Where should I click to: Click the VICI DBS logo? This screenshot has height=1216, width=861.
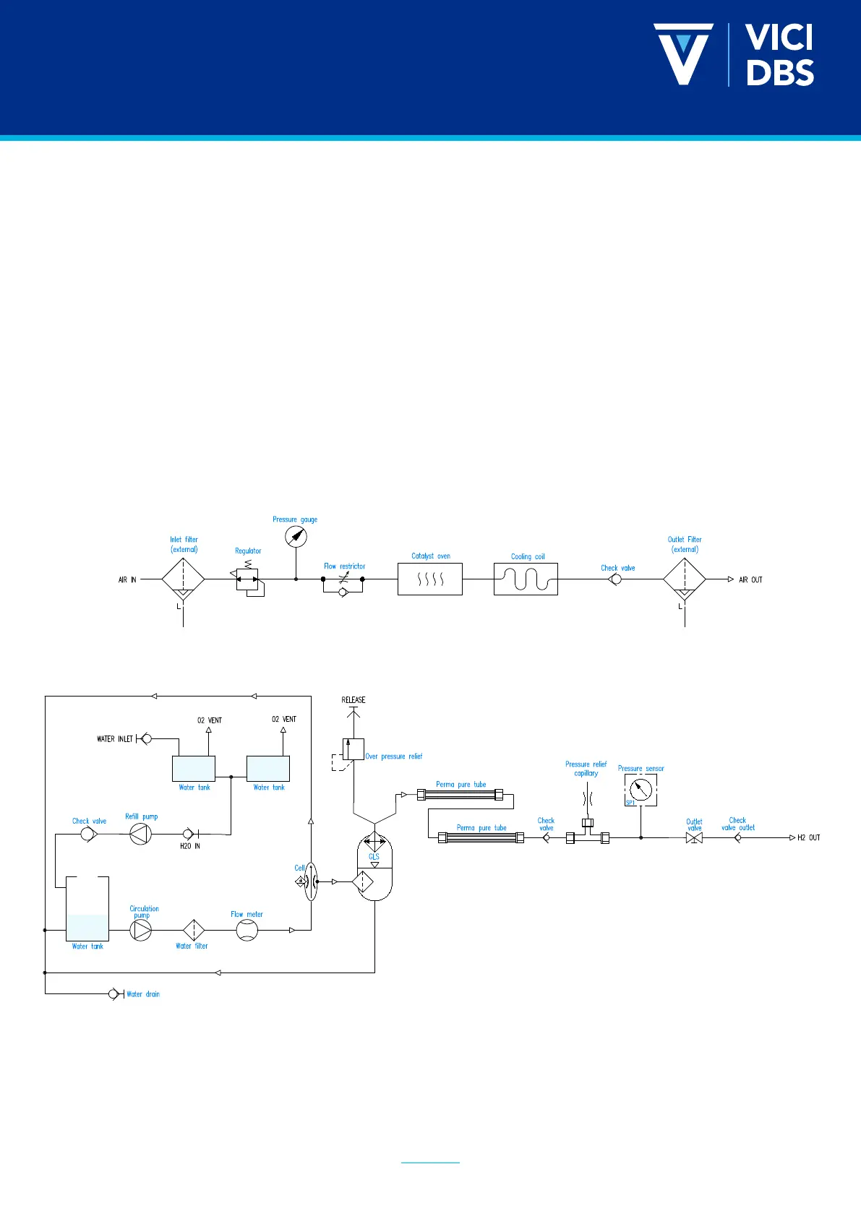pos(734,55)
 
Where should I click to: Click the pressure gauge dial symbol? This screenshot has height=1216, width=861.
pos(296,537)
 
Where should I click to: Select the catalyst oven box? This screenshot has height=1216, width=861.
pos(430,579)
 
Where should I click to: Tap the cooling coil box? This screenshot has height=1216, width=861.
pos(526,579)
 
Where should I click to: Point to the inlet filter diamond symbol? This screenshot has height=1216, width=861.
pos(184,579)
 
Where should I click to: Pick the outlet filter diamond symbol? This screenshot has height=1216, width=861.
pos(685,579)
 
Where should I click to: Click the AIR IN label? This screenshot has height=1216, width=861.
pos(127,579)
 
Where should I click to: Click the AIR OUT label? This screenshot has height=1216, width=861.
pos(750,579)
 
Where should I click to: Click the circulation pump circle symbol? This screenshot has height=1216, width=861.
pos(141,930)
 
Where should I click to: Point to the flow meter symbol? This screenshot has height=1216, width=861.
pos(247,930)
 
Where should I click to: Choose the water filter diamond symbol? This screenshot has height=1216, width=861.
pos(193,930)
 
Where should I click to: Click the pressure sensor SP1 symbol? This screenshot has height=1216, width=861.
pos(641,790)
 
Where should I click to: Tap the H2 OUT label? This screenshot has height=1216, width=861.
pos(808,838)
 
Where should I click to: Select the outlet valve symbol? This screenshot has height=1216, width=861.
pos(694,838)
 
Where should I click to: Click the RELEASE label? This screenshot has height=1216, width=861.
pos(354,699)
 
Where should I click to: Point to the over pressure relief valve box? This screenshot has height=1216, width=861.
pos(354,749)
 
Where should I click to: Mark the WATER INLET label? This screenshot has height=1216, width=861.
pos(115,739)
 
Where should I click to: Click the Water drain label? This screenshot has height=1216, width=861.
pos(143,994)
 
